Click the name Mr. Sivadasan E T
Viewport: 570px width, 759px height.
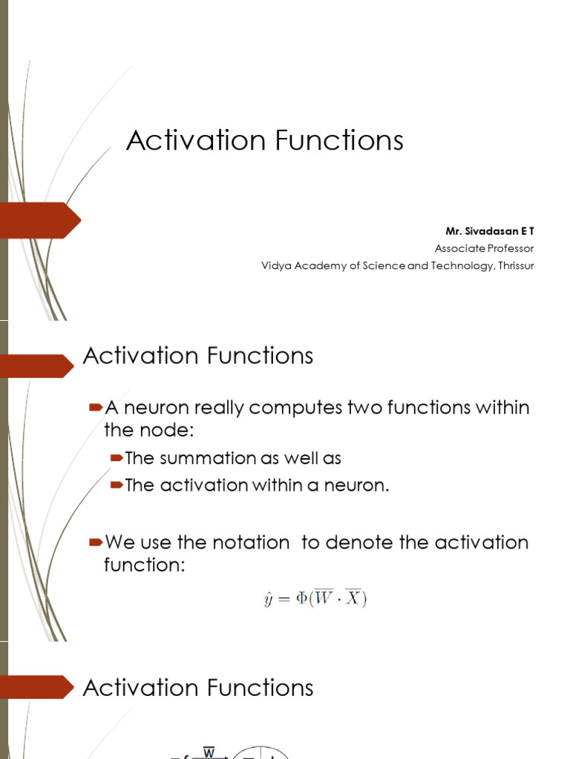tap(489, 231)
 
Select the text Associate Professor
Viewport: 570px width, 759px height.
tap(483, 248)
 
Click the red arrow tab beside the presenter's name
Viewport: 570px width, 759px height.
tap(40, 220)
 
